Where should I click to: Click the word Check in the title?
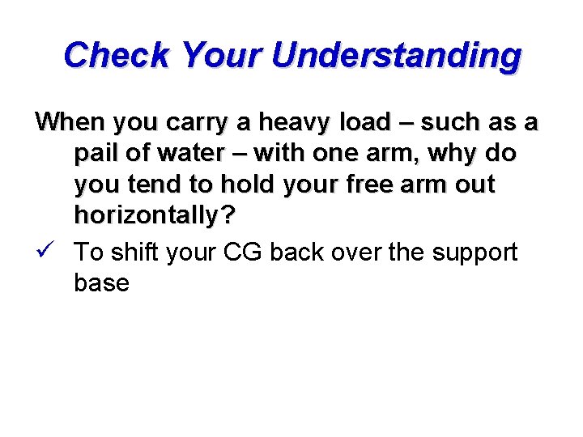(x=118, y=55)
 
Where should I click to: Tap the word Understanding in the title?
(x=397, y=57)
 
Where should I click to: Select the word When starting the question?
(x=70, y=122)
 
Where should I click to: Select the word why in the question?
(x=451, y=154)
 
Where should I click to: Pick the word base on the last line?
(x=101, y=283)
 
